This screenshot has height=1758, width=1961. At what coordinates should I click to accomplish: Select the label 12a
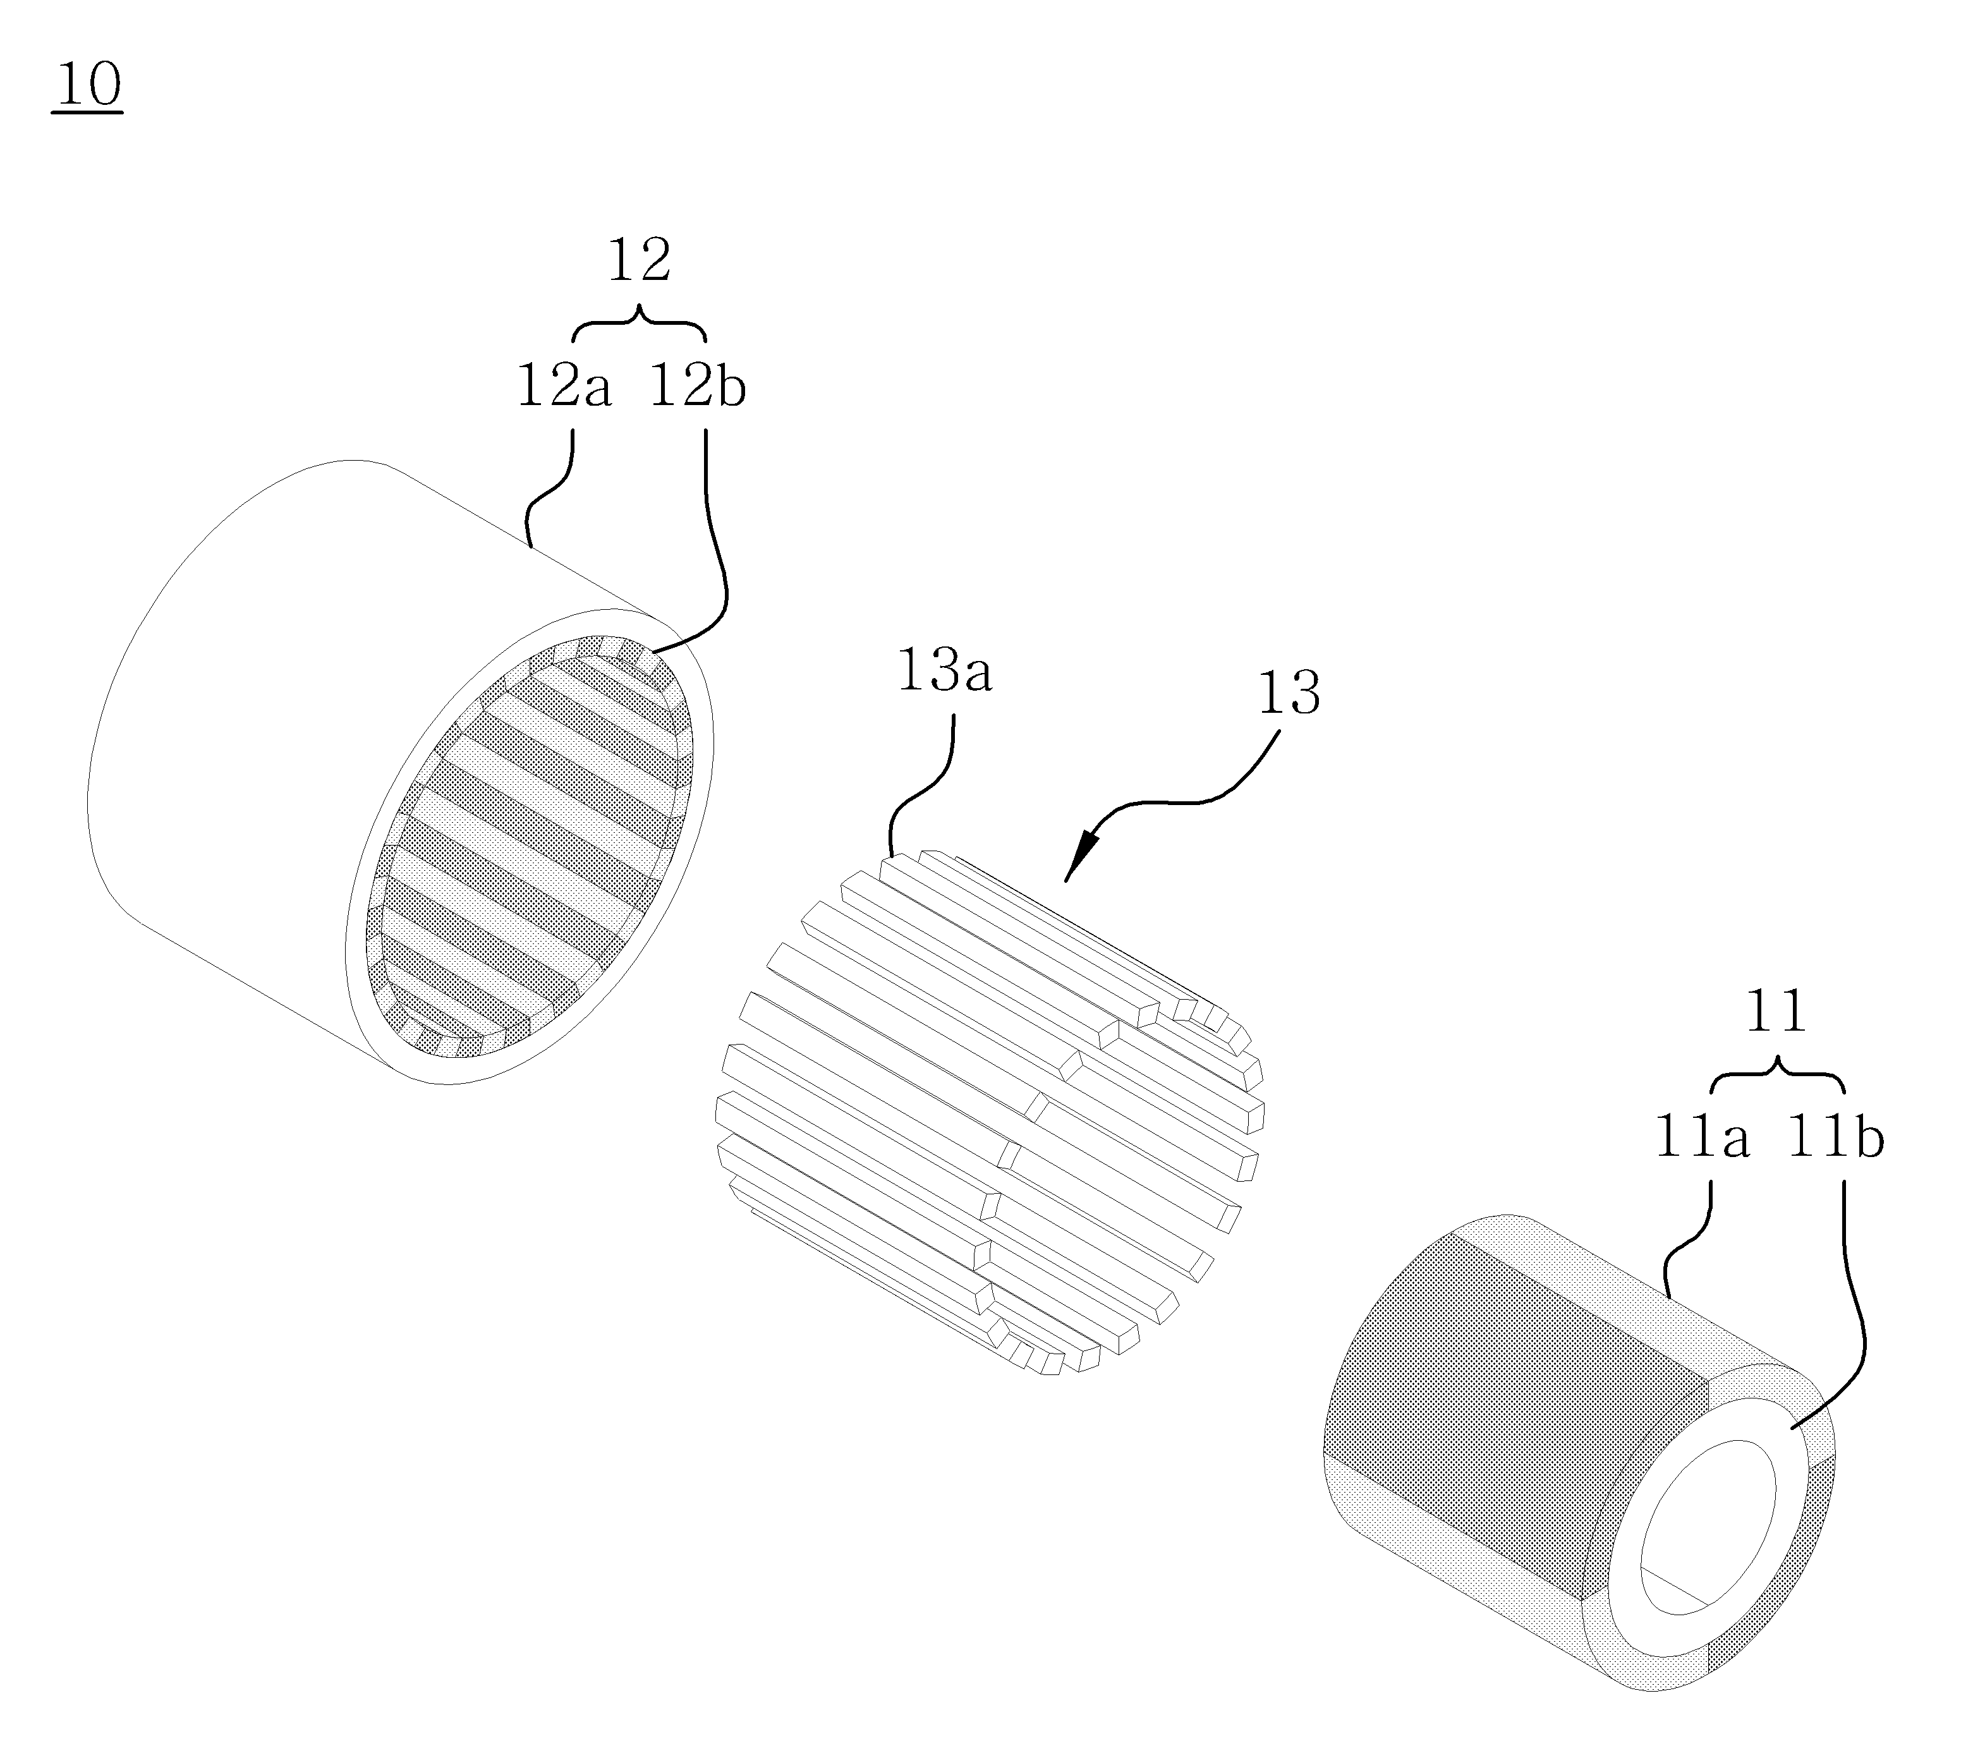coord(564,387)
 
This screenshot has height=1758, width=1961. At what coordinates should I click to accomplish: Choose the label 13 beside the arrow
coord(1289,694)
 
